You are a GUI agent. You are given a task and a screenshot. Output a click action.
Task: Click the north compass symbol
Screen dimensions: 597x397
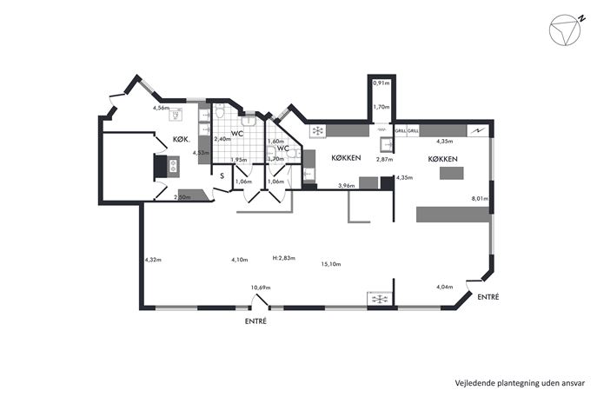pyautogui.click(x=566, y=30)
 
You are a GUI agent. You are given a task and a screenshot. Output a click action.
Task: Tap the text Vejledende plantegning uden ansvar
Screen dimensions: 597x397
pyautogui.click(x=520, y=382)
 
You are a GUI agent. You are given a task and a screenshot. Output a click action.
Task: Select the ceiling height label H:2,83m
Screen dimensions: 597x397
pyautogui.click(x=284, y=258)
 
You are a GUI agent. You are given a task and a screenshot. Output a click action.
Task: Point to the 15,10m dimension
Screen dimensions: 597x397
pyautogui.click(x=331, y=264)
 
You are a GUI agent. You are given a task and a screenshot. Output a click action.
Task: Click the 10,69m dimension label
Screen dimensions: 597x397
pyautogui.click(x=261, y=288)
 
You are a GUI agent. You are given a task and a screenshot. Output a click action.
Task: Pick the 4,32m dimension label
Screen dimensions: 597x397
pyautogui.click(x=153, y=260)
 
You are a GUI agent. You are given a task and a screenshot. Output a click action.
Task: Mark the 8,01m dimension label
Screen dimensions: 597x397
pyautogui.click(x=480, y=198)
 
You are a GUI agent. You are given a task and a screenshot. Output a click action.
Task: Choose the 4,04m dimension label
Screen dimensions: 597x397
pyautogui.click(x=444, y=287)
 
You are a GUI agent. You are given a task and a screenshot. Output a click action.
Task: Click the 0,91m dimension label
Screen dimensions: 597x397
pyautogui.click(x=381, y=83)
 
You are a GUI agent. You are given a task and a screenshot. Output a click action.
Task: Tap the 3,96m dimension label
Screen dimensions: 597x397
pyautogui.click(x=347, y=186)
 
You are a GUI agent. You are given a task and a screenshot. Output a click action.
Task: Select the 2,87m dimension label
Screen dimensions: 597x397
pyautogui.click(x=385, y=160)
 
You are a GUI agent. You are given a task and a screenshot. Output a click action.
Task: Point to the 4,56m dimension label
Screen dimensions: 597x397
pyautogui.click(x=161, y=108)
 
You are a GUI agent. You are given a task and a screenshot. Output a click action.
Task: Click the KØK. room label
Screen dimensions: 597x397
pyautogui.click(x=182, y=139)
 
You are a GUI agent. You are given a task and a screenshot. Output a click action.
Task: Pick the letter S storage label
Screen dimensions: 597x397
pyautogui.click(x=222, y=176)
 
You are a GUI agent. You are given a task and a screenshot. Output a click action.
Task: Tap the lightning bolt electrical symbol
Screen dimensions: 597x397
pyautogui.click(x=477, y=131)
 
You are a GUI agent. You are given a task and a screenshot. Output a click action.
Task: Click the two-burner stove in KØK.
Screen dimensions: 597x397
pyautogui.click(x=173, y=166)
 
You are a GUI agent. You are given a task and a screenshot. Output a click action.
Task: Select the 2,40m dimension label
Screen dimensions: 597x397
pyautogui.click(x=222, y=139)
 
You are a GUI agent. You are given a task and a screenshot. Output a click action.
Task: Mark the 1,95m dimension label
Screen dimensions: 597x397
pyautogui.click(x=239, y=160)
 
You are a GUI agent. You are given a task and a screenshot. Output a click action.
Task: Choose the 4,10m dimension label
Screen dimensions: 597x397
pyautogui.click(x=240, y=260)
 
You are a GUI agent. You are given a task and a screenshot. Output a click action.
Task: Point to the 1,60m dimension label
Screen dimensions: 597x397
pyautogui.click(x=275, y=142)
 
